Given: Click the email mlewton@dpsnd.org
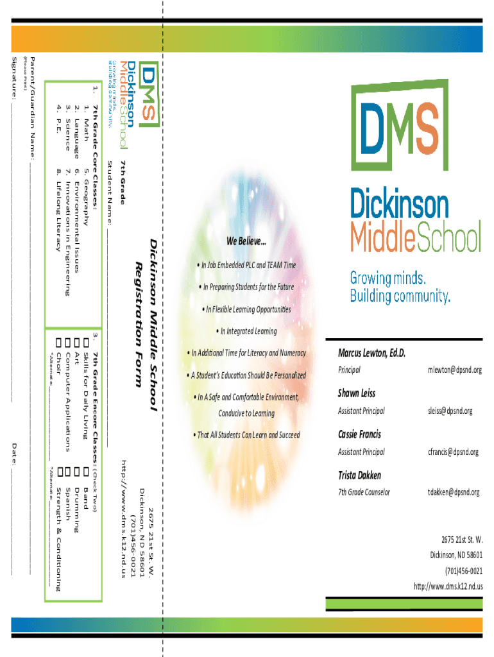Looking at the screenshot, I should [454, 370].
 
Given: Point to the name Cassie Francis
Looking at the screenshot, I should [359, 434].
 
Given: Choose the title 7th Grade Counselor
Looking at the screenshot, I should [364, 493].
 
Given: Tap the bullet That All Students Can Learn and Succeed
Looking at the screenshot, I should [246, 435].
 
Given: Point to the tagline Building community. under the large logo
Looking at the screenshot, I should [400, 296].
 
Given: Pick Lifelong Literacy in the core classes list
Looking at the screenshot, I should [59, 205].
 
